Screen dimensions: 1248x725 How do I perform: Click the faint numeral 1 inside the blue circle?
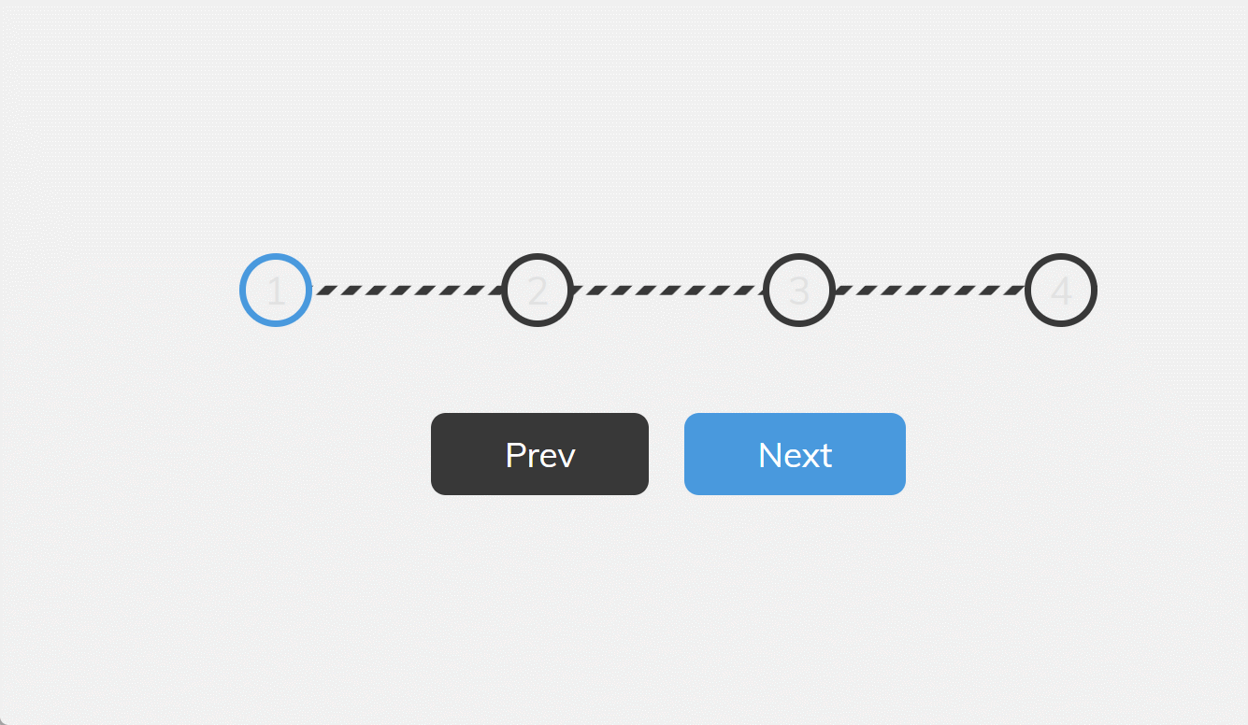[276, 291]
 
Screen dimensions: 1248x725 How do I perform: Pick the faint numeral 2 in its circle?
[538, 291]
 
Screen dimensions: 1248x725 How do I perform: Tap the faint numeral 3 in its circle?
[799, 291]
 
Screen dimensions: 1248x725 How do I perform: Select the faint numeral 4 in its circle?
[1061, 291]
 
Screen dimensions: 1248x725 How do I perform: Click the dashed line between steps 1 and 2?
[407, 291]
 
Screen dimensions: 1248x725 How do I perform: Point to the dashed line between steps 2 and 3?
[668, 291]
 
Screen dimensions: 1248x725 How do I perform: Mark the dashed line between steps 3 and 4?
[930, 291]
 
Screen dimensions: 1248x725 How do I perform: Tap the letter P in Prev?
[515, 455]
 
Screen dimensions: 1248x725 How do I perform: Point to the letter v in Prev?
[567, 458]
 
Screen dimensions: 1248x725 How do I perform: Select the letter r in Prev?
[533, 458]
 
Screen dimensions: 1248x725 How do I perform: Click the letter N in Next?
[769, 455]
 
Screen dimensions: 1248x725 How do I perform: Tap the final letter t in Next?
[826, 456]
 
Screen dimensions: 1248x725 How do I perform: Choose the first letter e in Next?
[792, 458]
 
